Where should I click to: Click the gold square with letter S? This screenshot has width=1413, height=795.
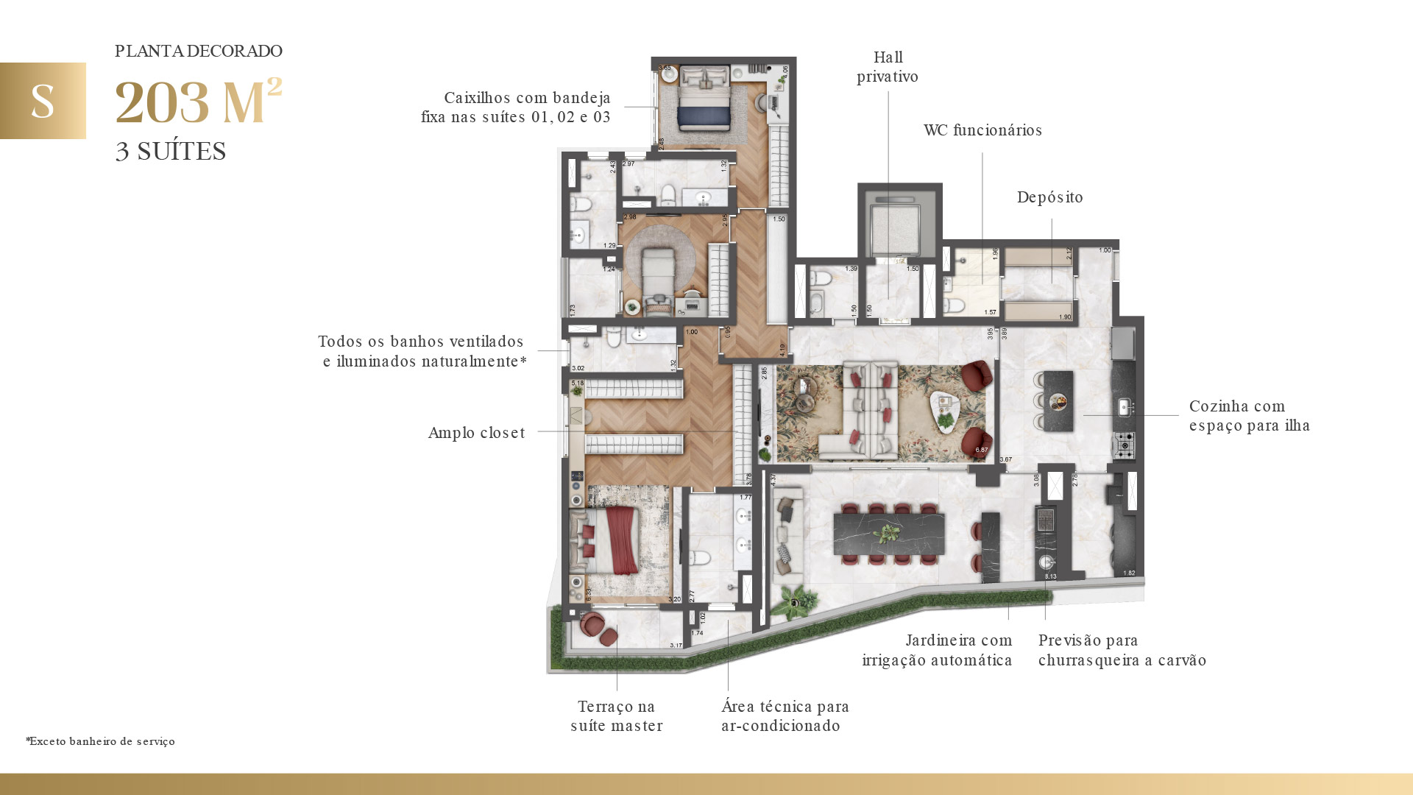click(43, 101)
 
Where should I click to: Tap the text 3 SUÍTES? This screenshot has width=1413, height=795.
click(171, 151)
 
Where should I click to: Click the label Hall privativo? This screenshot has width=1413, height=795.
click(888, 67)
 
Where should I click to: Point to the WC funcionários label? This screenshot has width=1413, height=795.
click(982, 130)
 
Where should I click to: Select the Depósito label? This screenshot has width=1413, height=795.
click(1049, 197)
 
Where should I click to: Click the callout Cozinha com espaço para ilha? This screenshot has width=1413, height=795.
click(1249, 416)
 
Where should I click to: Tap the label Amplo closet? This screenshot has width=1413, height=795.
click(477, 433)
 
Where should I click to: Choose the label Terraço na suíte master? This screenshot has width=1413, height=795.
click(617, 716)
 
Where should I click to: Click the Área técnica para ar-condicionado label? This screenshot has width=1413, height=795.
click(785, 716)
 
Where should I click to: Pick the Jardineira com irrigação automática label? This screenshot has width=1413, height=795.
click(938, 650)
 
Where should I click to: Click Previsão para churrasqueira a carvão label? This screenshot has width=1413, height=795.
click(1122, 650)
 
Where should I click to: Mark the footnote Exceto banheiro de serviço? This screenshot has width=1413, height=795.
click(101, 741)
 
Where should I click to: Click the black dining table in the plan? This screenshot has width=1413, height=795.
click(888, 534)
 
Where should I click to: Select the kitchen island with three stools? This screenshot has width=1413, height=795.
click(1058, 400)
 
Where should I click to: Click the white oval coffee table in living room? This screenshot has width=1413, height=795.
click(945, 411)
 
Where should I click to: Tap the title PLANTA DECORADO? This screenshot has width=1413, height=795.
click(199, 51)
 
